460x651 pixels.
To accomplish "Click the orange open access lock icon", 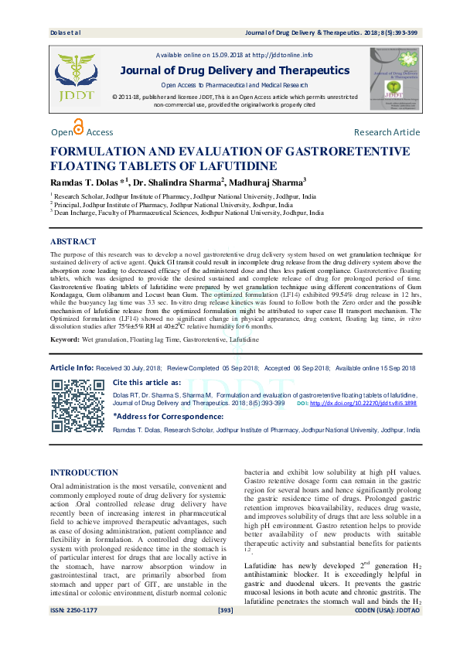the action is (x=77, y=128).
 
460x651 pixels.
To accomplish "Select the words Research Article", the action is (x=387, y=133).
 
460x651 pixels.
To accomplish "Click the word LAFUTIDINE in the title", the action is (x=236, y=165).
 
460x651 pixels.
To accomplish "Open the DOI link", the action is (x=363, y=404).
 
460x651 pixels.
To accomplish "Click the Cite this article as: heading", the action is (x=147, y=382).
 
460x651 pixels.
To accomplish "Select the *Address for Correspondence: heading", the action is (x=163, y=416).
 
